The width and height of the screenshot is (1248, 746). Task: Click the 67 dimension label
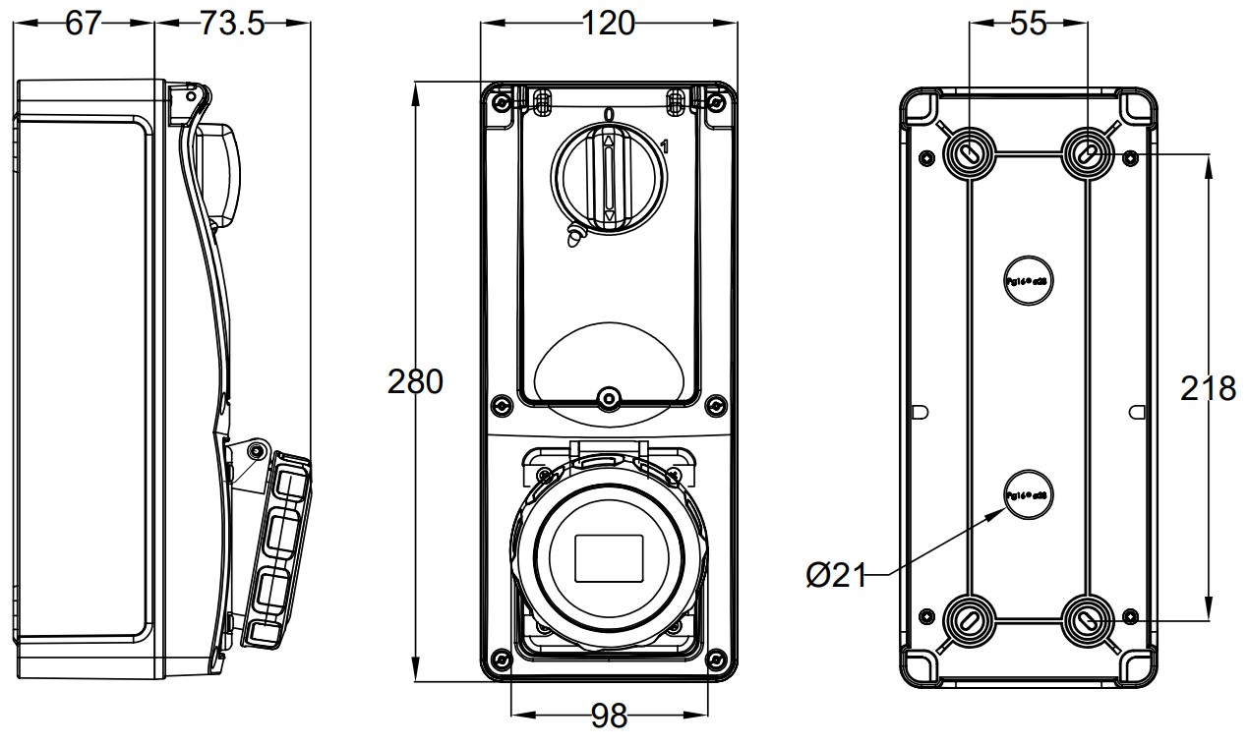(x=84, y=24)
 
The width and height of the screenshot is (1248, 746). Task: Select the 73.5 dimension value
(x=232, y=24)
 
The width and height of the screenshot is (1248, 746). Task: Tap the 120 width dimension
(x=608, y=23)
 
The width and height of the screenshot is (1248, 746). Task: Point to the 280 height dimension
(x=415, y=381)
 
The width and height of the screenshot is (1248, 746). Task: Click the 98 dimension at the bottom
(x=609, y=717)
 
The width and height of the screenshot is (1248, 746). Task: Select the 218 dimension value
(x=1208, y=389)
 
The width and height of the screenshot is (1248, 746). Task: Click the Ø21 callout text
(x=837, y=576)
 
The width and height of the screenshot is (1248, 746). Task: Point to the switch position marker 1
(x=665, y=147)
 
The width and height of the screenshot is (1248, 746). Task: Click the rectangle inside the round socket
(x=608, y=557)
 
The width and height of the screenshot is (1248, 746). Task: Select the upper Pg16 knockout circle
(x=1029, y=280)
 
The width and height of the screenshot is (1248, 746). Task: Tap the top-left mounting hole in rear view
(x=970, y=152)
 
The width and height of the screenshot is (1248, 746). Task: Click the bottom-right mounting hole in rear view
(x=1089, y=619)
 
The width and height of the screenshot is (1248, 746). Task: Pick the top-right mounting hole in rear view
(x=1089, y=152)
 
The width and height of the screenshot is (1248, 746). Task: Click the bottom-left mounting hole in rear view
(x=970, y=619)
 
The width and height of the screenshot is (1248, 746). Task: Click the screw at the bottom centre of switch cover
(x=609, y=399)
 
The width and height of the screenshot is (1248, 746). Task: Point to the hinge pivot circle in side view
(x=257, y=451)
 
